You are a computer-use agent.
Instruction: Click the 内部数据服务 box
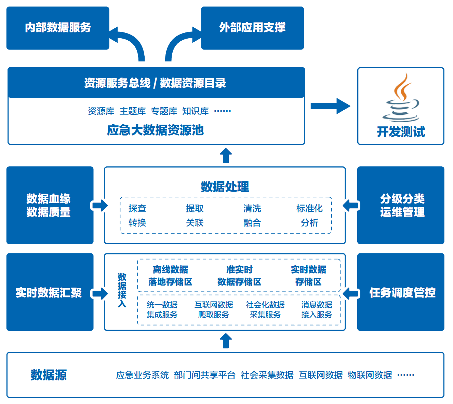(58, 28)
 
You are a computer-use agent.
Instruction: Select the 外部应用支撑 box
(252, 28)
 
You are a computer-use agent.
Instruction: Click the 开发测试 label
(401, 132)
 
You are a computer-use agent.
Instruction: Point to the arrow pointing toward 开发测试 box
(330, 106)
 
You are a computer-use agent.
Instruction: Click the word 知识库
(195, 111)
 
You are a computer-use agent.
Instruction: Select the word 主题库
(133, 111)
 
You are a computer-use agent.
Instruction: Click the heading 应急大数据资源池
(156, 130)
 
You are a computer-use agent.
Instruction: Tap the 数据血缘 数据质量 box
(50, 205)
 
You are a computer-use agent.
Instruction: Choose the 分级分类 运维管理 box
(401, 205)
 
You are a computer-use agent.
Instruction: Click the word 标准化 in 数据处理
(309, 208)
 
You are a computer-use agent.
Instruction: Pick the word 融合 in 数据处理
(252, 223)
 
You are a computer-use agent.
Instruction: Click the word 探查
(137, 208)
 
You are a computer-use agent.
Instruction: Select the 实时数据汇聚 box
(50, 292)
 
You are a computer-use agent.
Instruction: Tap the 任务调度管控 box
(401, 292)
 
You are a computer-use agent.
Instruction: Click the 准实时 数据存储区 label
(239, 276)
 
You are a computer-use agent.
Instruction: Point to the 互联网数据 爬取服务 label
(214, 309)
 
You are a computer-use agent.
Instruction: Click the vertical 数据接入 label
(122, 290)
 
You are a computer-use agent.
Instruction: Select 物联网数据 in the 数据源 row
(370, 375)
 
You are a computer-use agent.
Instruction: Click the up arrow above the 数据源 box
(226, 341)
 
